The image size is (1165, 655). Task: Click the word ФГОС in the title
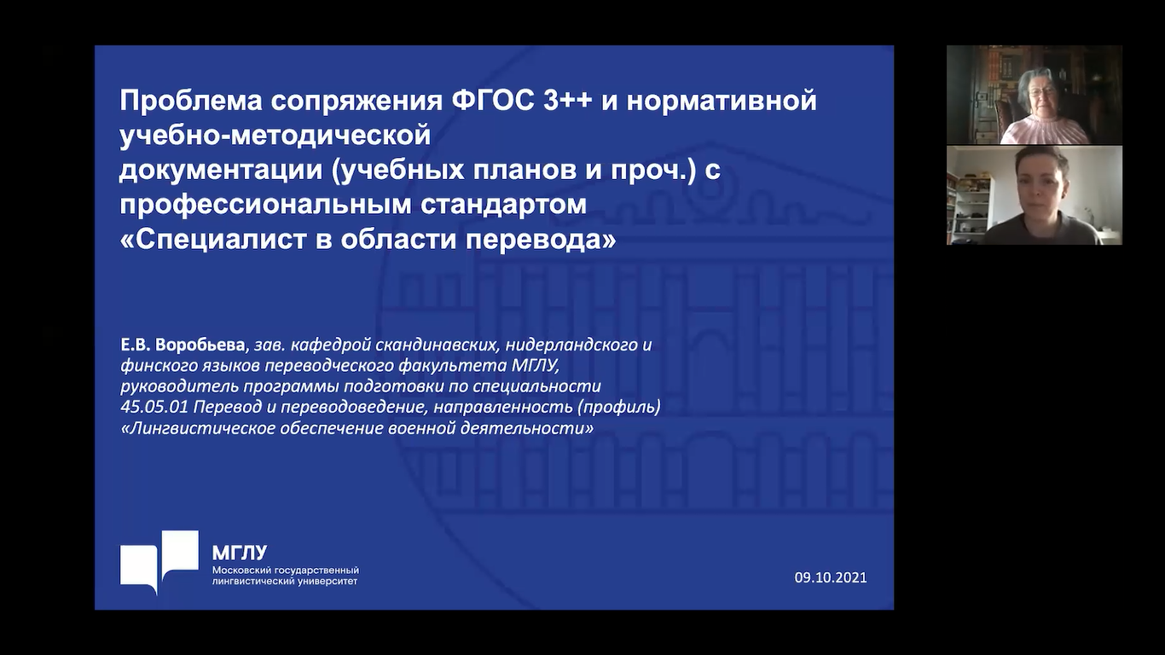pyautogui.click(x=493, y=101)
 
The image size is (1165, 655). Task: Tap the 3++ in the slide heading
pyautogui.click(x=569, y=101)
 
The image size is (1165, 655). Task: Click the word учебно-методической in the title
pyautogui.click(x=275, y=136)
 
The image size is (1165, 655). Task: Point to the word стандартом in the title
pyautogui.click(x=503, y=205)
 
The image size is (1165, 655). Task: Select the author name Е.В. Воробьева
pyautogui.click(x=183, y=345)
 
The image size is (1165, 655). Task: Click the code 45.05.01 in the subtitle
pyautogui.click(x=154, y=407)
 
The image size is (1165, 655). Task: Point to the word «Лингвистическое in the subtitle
pyautogui.click(x=200, y=428)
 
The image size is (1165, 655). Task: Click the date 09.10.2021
pyautogui.click(x=831, y=577)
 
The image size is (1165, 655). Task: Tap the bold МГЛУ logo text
pyautogui.click(x=240, y=553)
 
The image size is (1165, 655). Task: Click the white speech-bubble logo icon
pyautogui.click(x=159, y=562)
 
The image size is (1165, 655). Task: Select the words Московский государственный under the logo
pyautogui.click(x=286, y=571)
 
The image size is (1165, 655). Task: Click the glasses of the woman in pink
pyautogui.click(x=1041, y=91)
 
